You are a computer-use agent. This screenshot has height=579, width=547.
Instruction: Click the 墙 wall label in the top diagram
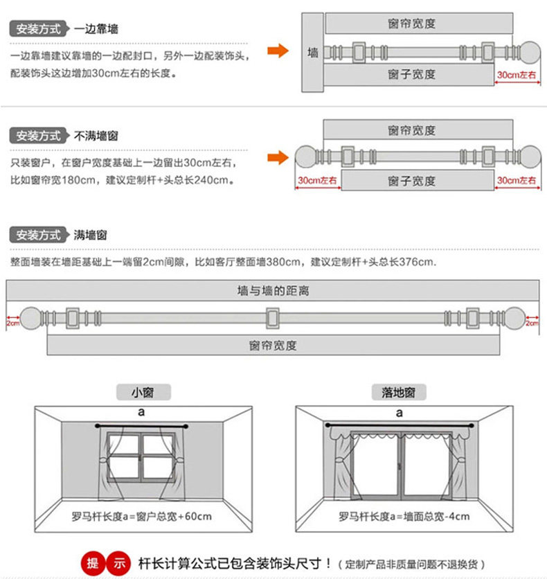(313, 53)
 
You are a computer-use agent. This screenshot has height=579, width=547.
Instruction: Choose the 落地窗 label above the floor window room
(399, 392)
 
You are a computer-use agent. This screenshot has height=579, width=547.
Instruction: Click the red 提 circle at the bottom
(93, 563)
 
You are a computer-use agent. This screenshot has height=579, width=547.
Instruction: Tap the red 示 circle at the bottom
(120, 563)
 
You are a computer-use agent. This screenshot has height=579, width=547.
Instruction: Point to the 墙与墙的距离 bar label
(273, 292)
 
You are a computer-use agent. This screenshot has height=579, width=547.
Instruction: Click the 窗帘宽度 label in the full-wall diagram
(273, 345)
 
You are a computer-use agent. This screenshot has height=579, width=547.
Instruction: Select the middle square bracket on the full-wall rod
(273, 319)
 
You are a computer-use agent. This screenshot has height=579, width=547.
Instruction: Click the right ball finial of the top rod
(530, 52)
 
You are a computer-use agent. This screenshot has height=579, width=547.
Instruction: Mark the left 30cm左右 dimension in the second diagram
(317, 181)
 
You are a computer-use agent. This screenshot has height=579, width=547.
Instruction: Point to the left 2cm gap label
(12, 323)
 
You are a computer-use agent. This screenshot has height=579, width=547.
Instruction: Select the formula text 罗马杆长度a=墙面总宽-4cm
(404, 516)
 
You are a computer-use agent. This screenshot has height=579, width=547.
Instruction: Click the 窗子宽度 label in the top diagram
(411, 75)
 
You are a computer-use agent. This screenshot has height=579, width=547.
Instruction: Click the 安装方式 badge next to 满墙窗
(39, 235)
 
